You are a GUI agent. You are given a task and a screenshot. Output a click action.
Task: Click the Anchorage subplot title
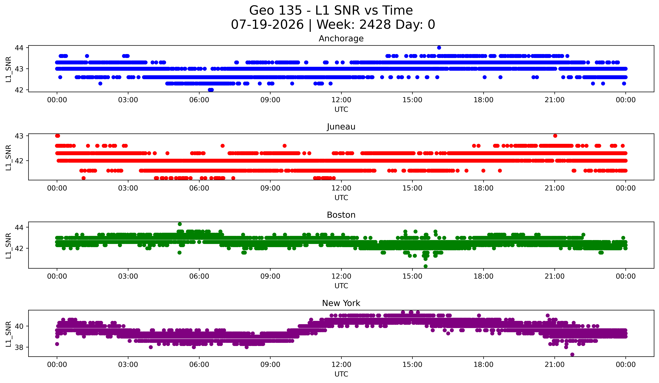click(341, 39)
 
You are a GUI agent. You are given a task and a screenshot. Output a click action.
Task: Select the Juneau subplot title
click(341, 127)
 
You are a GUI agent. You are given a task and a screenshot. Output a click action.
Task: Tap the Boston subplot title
click(341, 215)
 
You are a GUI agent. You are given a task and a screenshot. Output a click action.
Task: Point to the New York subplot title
click(341, 303)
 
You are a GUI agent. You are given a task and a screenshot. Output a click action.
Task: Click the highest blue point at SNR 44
click(439, 48)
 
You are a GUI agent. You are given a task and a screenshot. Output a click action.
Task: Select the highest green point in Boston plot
click(180, 224)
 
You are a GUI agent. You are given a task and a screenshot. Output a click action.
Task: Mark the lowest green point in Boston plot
click(425, 266)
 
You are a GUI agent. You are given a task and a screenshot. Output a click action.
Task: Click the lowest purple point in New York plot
click(572, 354)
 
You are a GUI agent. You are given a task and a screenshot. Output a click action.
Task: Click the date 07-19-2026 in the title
click(267, 25)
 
